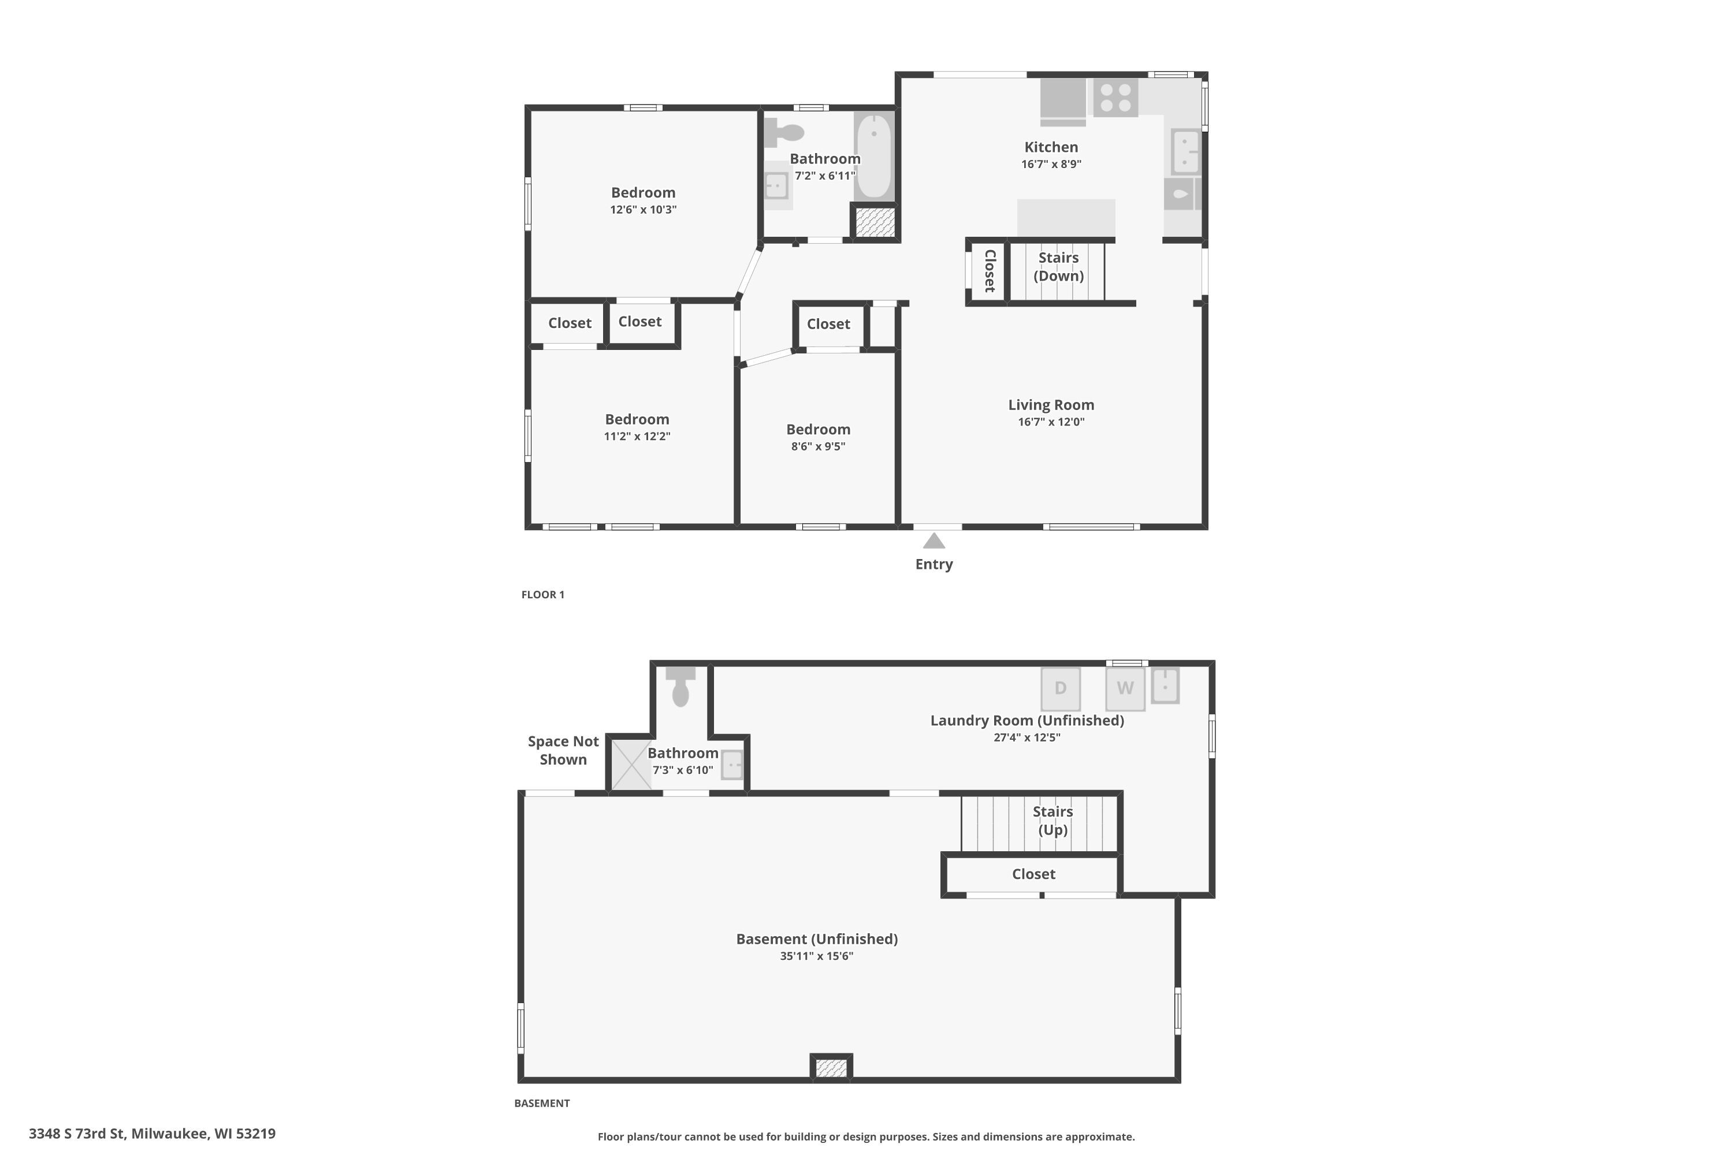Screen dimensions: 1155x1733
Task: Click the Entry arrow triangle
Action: click(x=934, y=542)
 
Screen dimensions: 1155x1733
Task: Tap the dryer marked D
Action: click(x=1060, y=688)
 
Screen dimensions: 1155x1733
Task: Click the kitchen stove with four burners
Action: click(x=1115, y=97)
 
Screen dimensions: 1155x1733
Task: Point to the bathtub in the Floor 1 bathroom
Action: click(x=874, y=156)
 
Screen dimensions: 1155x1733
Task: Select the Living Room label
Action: click(x=1051, y=404)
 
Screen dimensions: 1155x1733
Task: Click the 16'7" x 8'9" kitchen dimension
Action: click(x=1051, y=164)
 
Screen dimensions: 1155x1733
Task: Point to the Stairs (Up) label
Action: click(x=1052, y=821)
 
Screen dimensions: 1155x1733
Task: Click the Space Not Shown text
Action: click(x=563, y=750)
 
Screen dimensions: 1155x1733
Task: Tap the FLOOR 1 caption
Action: click(x=542, y=594)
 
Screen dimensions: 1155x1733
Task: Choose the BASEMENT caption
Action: click(x=542, y=1102)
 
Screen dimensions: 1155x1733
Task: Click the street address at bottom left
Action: click(x=152, y=1134)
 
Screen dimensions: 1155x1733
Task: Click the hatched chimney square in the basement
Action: click(x=831, y=1067)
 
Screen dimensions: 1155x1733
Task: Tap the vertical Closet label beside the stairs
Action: click(x=990, y=271)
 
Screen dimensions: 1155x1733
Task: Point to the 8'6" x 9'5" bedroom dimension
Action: click(x=818, y=446)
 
